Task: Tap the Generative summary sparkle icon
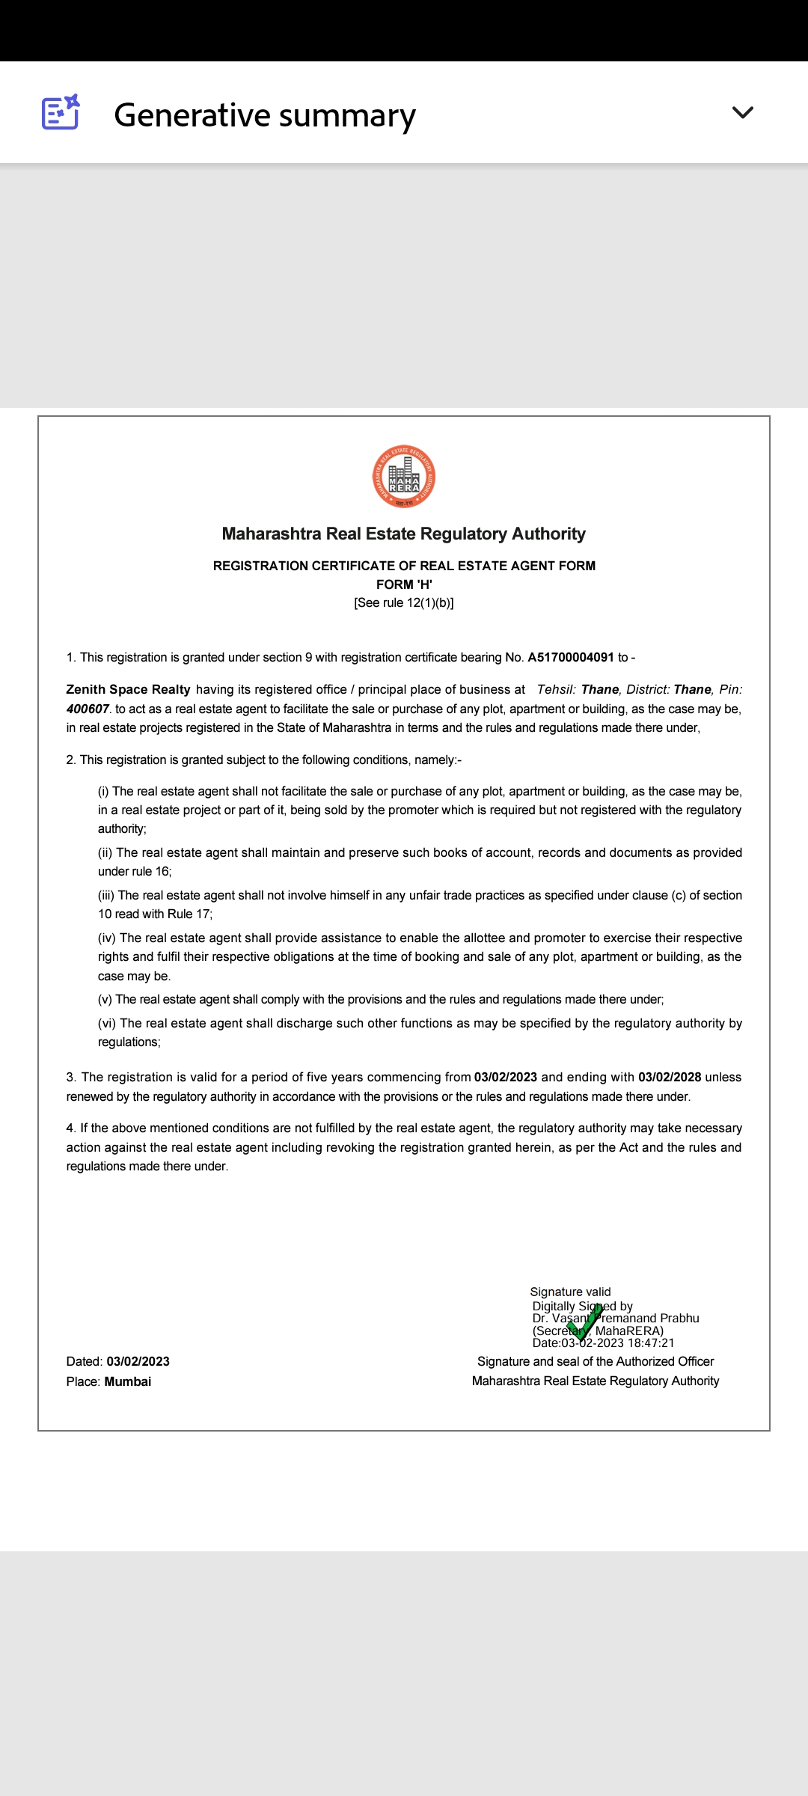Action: click(61, 112)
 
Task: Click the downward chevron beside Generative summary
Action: click(742, 112)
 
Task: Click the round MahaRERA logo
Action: click(404, 477)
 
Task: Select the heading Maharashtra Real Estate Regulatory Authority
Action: click(404, 534)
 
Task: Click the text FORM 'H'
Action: click(404, 584)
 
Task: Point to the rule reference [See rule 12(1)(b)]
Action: click(404, 603)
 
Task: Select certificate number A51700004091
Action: click(571, 657)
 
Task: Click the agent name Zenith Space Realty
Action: click(128, 689)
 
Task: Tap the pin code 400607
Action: click(88, 709)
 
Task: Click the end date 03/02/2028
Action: click(670, 1077)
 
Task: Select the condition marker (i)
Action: click(103, 791)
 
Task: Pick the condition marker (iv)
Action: click(107, 938)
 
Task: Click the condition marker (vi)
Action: click(107, 1023)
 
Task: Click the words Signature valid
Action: click(570, 1292)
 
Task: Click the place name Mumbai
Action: click(128, 1381)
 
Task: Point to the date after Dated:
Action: click(138, 1361)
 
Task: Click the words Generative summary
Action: click(265, 115)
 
